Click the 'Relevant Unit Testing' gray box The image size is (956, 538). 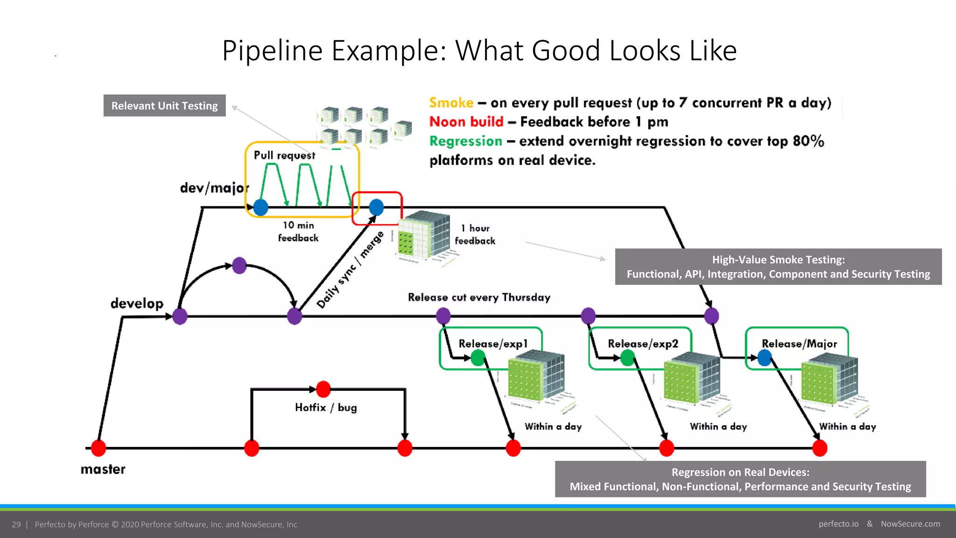[164, 106]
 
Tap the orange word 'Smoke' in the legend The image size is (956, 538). [451, 103]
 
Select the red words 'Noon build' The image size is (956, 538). [466, 122]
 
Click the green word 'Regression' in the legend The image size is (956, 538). [465, 141]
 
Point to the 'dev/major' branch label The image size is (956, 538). [214, 188]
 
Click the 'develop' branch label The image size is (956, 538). [137, 304]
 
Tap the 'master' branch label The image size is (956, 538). [103, 469]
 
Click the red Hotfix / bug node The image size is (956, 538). [323, 389]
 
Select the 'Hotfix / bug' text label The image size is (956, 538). [326, 408]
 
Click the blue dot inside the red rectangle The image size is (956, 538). [376, 207]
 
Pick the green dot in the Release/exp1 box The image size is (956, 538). [478, 358]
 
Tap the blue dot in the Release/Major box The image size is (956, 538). [765, 358]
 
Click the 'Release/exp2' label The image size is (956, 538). [643, 344]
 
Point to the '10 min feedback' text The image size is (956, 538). [298, 232]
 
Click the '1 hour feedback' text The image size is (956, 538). [475, 234]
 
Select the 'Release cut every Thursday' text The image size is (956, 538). [479, 297]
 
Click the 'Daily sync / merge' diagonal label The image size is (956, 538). [350, 270]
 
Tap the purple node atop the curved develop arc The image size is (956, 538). [239, 265]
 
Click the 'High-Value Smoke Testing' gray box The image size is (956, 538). [778, 267]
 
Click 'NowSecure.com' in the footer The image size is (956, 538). [910, 524]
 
